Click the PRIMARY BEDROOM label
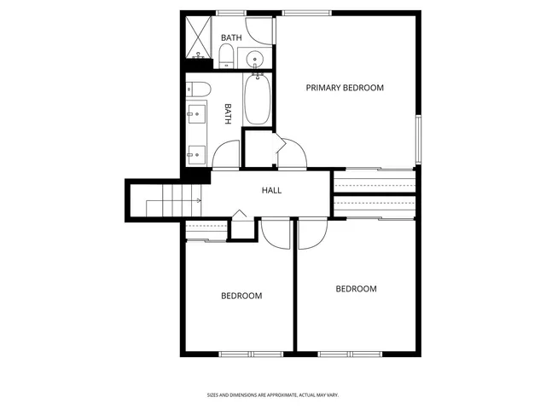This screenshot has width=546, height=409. click(x=345, y=88)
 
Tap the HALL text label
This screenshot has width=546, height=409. click(x=271, y=190)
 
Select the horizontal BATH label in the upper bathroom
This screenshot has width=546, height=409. click(x=230, y=38)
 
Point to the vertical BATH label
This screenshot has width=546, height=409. click(x=229, y=114)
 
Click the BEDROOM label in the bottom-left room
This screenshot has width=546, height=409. click(x=241, y=296)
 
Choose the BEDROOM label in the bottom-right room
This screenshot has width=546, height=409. click(x=356, y=289)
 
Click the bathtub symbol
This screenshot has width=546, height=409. click(x=257, y=101)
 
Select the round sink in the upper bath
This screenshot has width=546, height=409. click(x=255, y=59)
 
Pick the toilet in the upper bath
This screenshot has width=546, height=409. click(x=227, y=56)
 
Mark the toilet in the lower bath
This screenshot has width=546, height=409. click(x=199, y=89)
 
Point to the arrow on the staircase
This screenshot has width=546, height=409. click(x=196, y=200)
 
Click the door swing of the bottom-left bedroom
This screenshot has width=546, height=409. click(x=275, y=233)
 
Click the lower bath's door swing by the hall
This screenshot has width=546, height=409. click(x=226, y=155)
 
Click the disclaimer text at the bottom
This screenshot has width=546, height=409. click(x=273, y=395)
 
